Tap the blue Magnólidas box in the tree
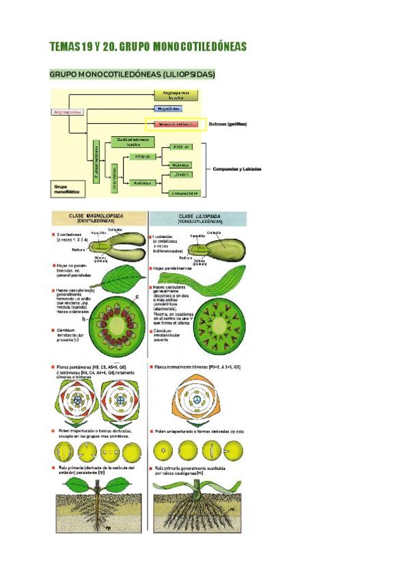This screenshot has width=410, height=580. (167, 109)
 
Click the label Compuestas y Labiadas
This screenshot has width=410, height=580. (237, 170)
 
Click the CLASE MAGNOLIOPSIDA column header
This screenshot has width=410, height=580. (100, 219)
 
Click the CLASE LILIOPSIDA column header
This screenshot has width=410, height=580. (197, 219)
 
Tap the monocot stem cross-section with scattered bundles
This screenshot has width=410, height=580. (218, 321)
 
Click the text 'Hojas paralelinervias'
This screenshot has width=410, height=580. (177, 269)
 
